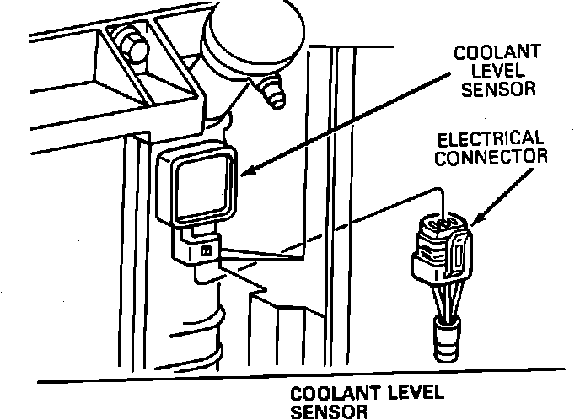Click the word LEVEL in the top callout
[x=486, y=71]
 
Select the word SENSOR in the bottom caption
[x=329, y=412]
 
